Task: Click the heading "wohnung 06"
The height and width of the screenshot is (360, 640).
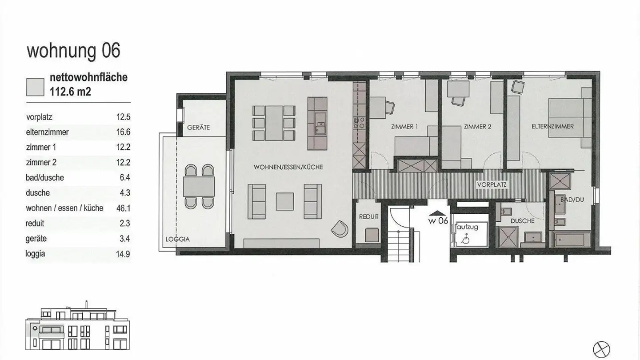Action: click(73, 51)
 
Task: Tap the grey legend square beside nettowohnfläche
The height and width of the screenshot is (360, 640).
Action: click(35, 87)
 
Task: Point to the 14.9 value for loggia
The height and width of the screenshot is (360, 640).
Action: click(123, 254)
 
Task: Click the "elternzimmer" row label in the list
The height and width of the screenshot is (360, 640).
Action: click(48, 132)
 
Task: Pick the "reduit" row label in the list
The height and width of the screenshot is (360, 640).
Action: click(35, 224)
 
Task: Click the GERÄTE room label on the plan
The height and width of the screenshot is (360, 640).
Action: click(198, 128)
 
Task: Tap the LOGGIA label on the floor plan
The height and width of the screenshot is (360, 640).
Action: click(177, 239)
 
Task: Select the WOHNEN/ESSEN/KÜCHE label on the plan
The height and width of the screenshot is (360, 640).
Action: click(288, 168)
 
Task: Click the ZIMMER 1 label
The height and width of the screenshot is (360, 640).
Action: click(404, 127)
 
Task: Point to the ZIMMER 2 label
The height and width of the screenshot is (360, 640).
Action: click(477, 127)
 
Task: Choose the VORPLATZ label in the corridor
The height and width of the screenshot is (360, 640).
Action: click(491, 184)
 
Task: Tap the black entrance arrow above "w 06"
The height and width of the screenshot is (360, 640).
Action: click(437, 213)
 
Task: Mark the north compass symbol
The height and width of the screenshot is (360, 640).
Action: click(602, 349)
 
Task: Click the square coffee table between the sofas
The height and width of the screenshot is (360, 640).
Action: click(285, 201)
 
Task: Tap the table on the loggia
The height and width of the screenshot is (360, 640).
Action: click(199, 187)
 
